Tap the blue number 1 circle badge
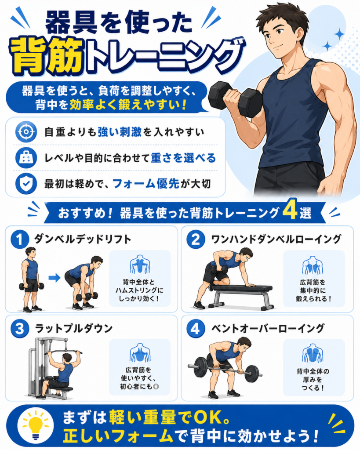(20, 239)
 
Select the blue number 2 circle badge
(196, 239)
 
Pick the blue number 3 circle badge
(20, 329)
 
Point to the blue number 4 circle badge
(196, 329)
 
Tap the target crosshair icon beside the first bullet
(26, 132)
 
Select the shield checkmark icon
(26, 184)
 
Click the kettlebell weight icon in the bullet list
(26, 158)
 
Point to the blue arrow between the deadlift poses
(54, 278)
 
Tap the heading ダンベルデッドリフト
(82, 239)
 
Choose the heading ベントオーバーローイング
(268, 328)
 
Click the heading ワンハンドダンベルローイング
(276, 239)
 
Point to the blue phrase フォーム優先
(146, 184)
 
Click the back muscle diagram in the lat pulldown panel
(140, 352)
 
